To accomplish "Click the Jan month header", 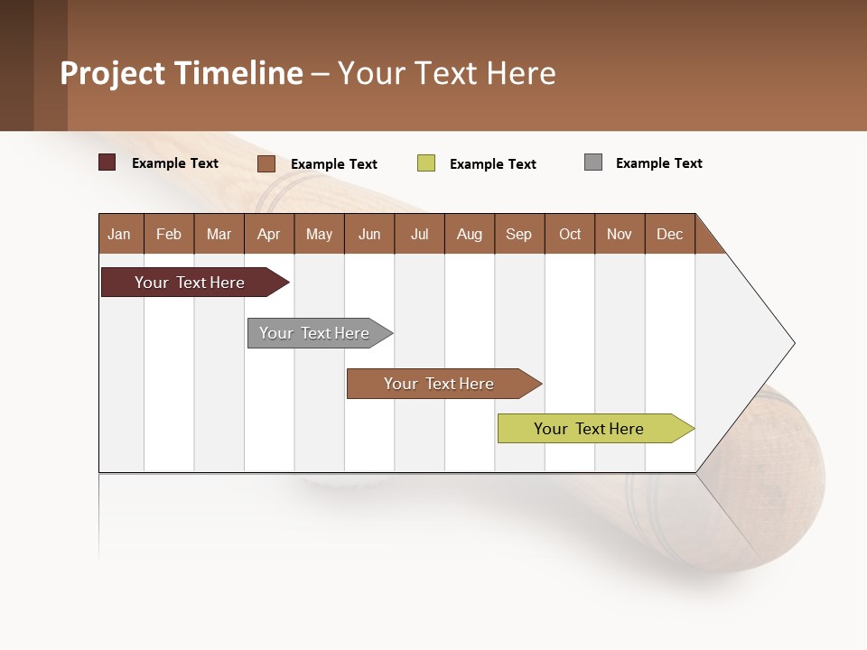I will click(120, 234).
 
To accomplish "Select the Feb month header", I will click(169, 234).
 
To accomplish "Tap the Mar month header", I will click(219, 234).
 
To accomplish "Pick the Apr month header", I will click(269, 234).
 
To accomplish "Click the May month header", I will click(319, 234).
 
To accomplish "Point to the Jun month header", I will click(369, 234).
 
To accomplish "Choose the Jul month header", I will click(419, 234).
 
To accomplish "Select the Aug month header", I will click(470, 234).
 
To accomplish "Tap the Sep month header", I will click(519, 234).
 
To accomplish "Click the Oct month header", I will click(570, 234).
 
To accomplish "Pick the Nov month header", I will click(620, 234).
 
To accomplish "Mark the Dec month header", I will click(670, 234).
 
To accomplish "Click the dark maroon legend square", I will click(107, 162).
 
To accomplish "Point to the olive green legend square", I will click(426, 163).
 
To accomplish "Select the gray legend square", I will click(593, 162).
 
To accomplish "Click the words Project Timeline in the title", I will click(182, 73).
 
